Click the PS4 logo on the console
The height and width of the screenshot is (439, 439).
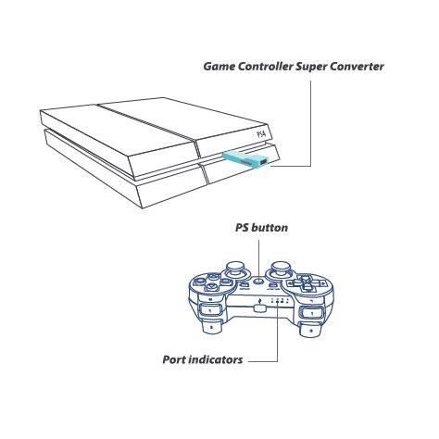(x=261, y=134)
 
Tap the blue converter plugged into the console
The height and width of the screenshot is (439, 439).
(x=246, y=158)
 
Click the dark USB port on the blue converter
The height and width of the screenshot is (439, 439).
(x=263, y=161)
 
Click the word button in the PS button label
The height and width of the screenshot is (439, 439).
(x=270, y=228)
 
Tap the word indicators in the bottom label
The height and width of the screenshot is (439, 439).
(x=215, y=359)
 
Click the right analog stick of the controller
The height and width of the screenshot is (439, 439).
(x=281, y=270)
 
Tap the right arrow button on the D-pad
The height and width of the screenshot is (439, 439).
(x=320, y=283)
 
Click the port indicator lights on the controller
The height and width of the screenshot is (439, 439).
(x=279, y=301)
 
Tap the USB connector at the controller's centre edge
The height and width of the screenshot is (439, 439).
(x=259, y=308)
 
